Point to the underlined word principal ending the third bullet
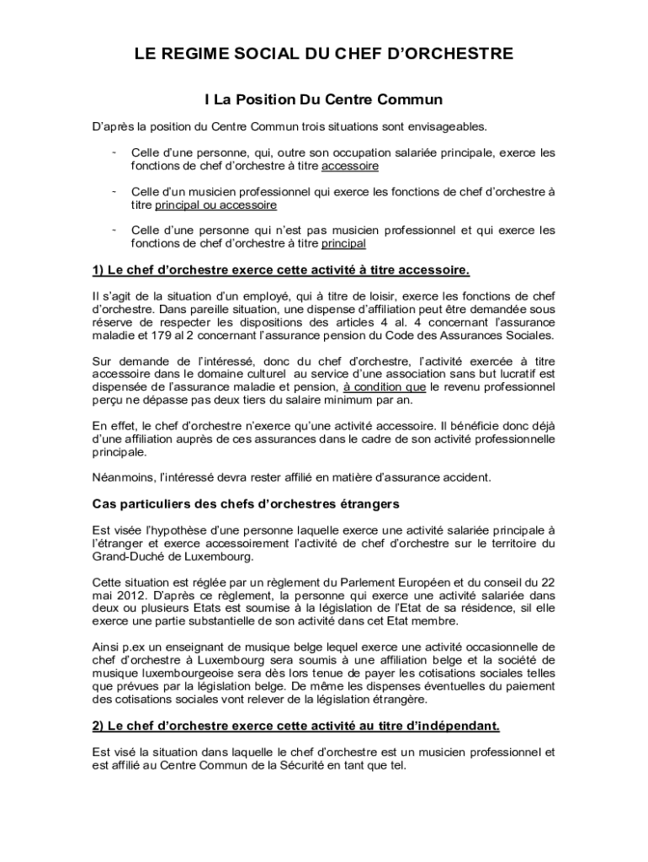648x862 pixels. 343,243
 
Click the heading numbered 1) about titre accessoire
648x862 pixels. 280,270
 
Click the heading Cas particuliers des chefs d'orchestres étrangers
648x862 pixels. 245,504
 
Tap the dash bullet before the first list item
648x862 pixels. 113,152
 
